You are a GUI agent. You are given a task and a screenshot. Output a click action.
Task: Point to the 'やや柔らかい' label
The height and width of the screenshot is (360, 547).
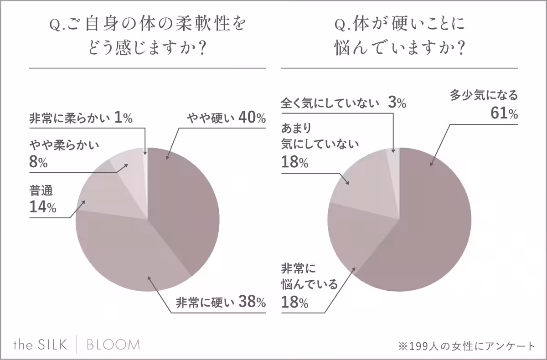click(x=64, y=147)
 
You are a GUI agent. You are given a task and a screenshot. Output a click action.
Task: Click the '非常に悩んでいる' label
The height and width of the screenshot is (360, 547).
click(x=310, y=277)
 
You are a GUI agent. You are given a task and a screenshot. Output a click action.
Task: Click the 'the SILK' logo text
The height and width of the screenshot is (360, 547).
click(x=40, y=345)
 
